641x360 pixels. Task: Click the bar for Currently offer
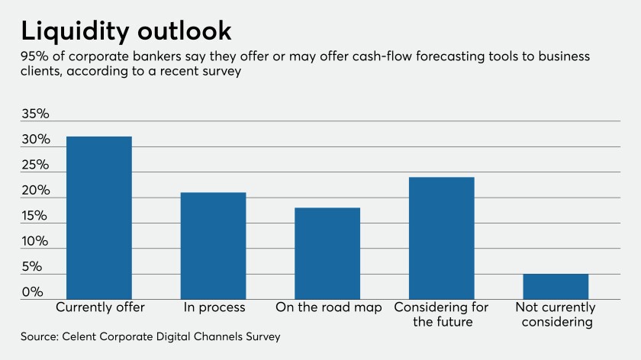click(99, 217)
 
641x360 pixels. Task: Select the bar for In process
click(213, 246)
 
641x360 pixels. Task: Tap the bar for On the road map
click(327, 253)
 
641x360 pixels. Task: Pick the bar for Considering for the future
click(442, 238)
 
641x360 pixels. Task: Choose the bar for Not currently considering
click(556, 286)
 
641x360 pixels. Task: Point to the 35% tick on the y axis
click(34, 114)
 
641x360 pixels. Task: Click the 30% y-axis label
click(34, 140)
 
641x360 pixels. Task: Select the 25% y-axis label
click(34, 166)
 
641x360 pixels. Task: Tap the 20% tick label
click(34, 191)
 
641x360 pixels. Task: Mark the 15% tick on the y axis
click(34, 217)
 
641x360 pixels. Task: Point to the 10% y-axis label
click(34, 242)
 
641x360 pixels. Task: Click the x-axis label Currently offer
click(100, 307)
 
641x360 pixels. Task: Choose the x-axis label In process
click(214, 307)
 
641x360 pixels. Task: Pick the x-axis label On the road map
click(328, 307)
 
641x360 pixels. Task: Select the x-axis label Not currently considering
click(554, 314)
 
